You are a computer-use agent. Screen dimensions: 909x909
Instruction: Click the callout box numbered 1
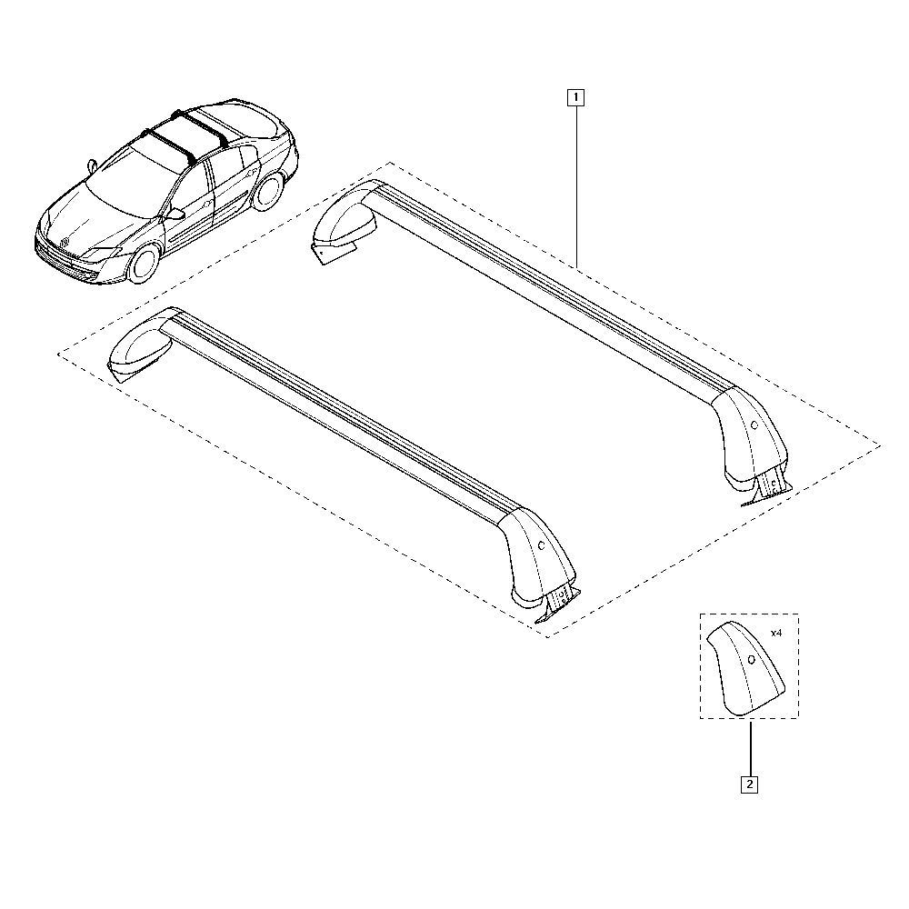pyautogui.click(x=575, y=95)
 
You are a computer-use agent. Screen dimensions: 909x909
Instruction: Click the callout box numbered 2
pyautogui.click(x=750, y=784)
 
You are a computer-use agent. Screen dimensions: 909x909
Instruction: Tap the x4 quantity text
pyautogui.click(x=775, y=632)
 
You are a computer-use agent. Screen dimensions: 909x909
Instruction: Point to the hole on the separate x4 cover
pyautogui.click(x=752, y=658)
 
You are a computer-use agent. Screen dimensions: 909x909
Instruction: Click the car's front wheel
pyautogui.click(x=144, y=263)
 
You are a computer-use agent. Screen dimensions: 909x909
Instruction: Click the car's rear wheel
pyautogui.click(x=267, y=193)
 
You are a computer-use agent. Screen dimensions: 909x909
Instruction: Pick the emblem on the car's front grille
pyautogui.click(x=65, y=241)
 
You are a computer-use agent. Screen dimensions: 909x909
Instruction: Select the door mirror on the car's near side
pyautogui.click(x=174, y=215)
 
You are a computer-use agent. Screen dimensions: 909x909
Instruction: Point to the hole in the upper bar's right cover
pyautogui.click(x=754, y=424)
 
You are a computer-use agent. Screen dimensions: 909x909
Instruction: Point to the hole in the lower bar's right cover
pyautogui.click(x=542, y=545)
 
